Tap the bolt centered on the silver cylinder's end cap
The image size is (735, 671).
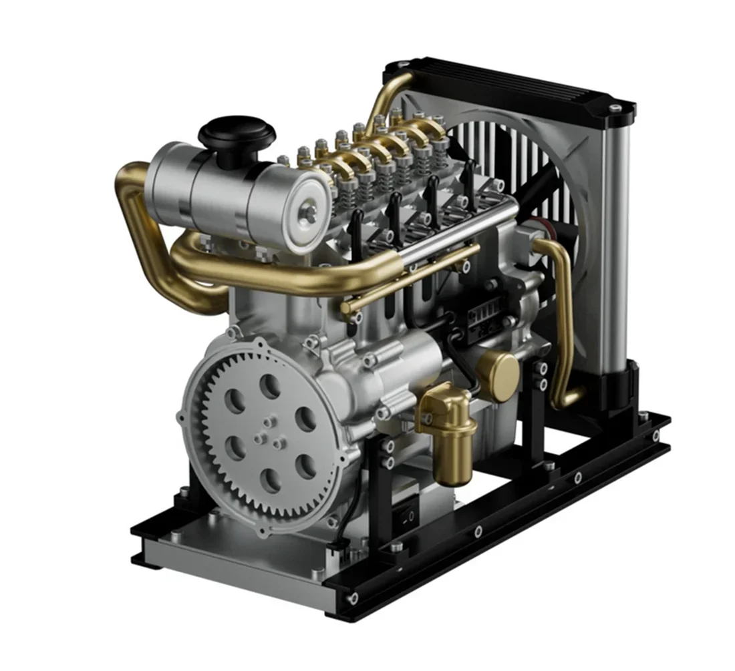[x=309, y=212]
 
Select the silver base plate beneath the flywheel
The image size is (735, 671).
[x=220, y=547]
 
